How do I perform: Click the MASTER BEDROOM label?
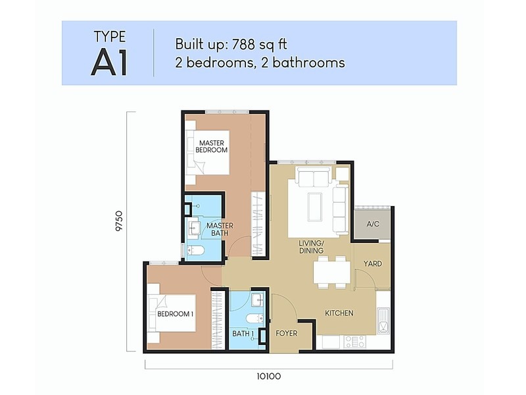[x=212, y=146]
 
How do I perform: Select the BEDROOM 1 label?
[x=175, y=314]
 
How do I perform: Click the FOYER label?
[x=287, y=333]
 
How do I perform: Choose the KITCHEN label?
[x=339, y=313]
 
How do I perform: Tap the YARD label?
[x=373, y=264]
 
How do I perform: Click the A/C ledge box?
[x=373, y=224]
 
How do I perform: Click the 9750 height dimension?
[x=120, y=224]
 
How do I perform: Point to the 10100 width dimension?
[x=268, y=377]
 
